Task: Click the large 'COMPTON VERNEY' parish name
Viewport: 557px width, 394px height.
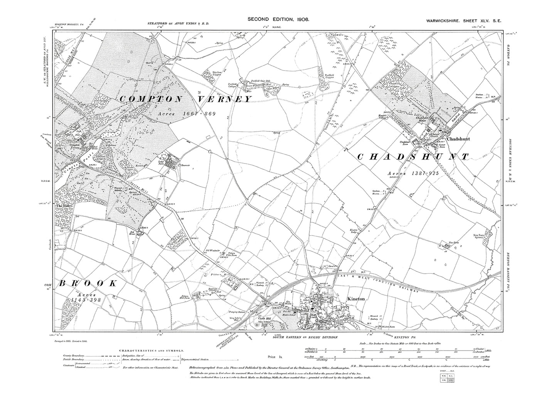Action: (x=185, y=99)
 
